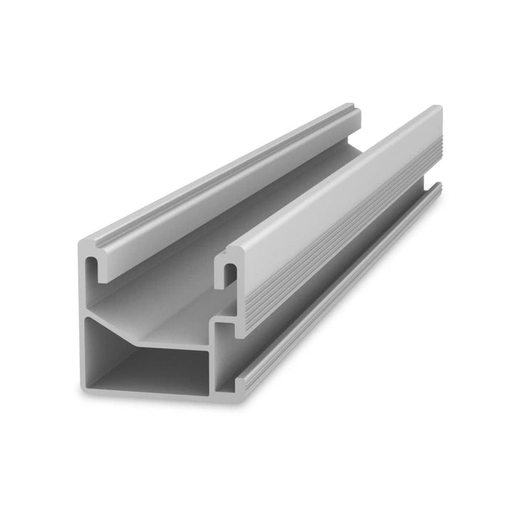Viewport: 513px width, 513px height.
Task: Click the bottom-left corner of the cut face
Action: [x=83, y=388]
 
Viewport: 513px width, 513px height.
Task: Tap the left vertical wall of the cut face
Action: [x=81, y=321]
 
